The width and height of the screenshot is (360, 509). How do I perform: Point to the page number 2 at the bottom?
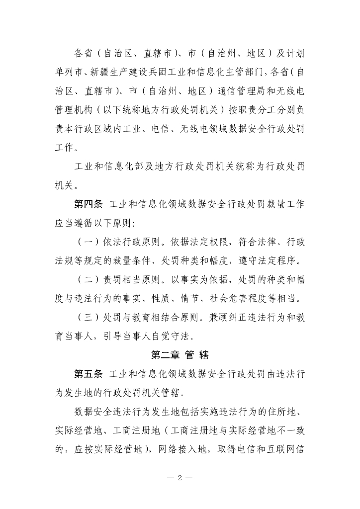180,478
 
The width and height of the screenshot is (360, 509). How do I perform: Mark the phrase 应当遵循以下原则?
92,222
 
